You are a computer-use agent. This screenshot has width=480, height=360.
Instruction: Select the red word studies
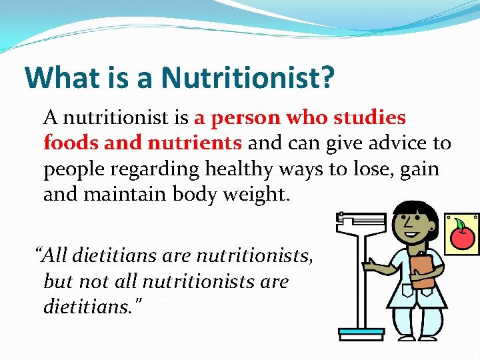click(369, 118)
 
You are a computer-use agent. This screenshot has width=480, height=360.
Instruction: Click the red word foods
click(69, 143)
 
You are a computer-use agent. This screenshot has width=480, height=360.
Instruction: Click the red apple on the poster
click(463, 237)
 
